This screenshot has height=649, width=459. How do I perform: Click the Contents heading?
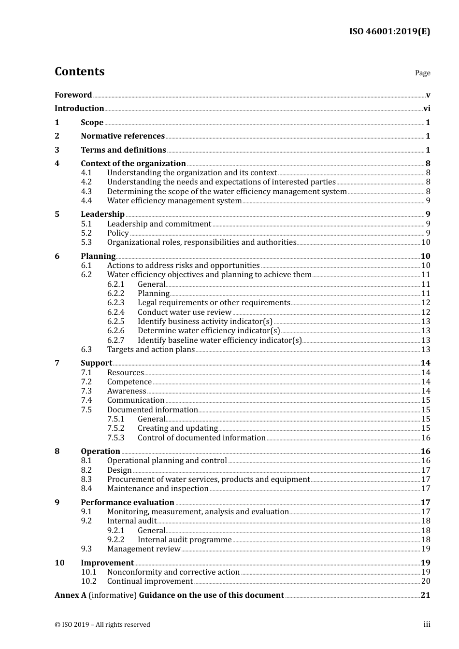click(79, 71)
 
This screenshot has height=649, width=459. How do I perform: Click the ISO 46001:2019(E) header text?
click(389, 31)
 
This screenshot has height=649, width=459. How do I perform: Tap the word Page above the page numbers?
click(422, 73)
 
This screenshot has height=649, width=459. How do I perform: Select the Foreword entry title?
click(73, 95)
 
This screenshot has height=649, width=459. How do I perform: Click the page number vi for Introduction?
click(427, 109)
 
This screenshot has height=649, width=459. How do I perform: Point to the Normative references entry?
click(123, 136)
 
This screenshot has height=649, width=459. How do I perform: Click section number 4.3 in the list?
click(86, 191)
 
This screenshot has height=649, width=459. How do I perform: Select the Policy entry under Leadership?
click(118, 233)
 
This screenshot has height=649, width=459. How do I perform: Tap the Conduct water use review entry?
click(184, 312)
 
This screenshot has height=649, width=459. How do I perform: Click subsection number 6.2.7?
click(115, 340)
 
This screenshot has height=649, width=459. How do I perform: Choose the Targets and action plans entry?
click(151, 350)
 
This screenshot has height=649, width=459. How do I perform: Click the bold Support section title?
click(96, 363)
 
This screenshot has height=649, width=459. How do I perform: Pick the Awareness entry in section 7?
click(127, 391)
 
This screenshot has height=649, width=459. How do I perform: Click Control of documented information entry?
click(201, 438)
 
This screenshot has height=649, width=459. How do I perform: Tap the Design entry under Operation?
click(119, 470)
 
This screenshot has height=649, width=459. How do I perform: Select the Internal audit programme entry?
click(185, 540)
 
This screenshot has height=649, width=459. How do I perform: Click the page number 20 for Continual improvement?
click(426, 581)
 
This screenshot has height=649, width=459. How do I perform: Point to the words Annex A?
click(71, 595)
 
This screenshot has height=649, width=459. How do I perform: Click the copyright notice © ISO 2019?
click(102, 625)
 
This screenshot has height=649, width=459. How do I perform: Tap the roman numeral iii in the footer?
click(427, 624)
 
